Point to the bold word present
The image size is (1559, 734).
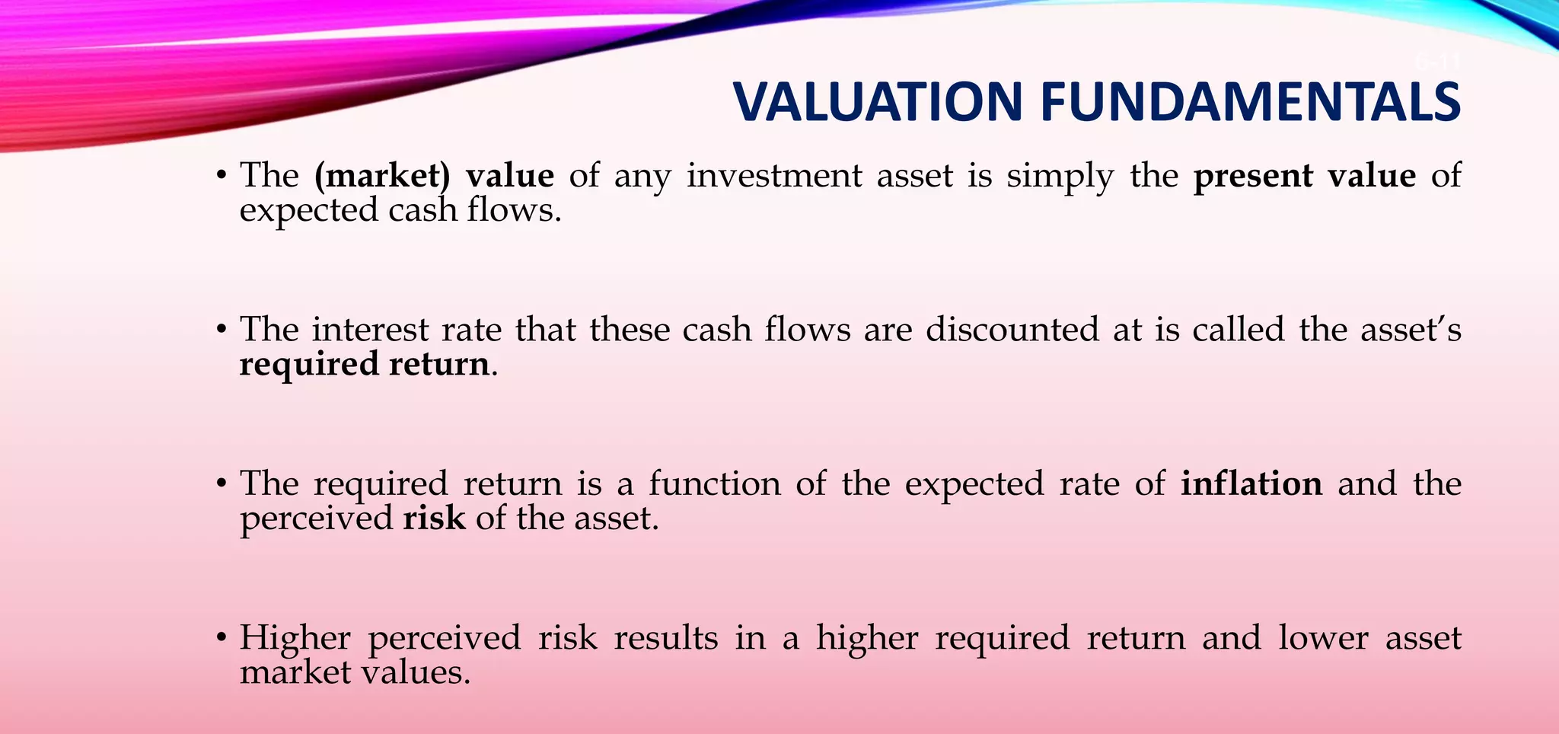click(1253, 176)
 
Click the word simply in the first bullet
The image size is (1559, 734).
click(1060, 176)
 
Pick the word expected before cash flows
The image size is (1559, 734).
click(308, 211)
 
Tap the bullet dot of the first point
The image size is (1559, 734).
click(222, 177)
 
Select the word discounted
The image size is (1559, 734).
click(1012, 330)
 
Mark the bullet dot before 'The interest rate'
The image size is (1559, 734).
click(222, 330)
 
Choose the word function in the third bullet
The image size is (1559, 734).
click(715, 483)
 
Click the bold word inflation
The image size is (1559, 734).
click(1251, 483)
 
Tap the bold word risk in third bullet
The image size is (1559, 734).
click(434, 519)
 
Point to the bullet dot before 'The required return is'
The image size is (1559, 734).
click(222, 484)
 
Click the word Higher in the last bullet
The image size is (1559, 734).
click(295, 638)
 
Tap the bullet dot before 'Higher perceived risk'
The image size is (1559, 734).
click(222, 638)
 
